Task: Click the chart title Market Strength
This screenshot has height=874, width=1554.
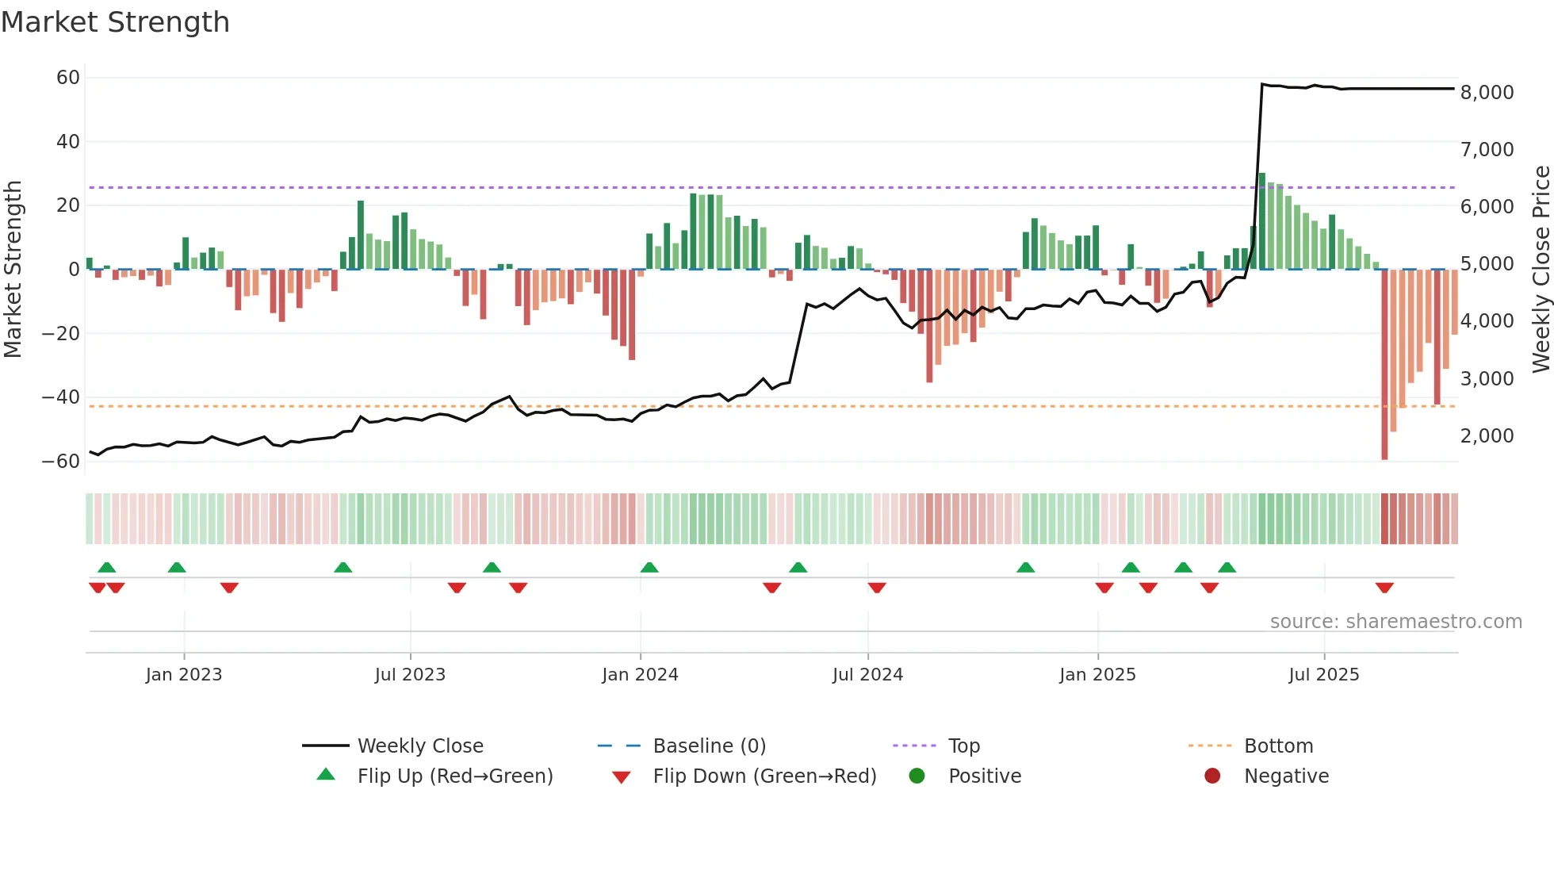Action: point(115,22)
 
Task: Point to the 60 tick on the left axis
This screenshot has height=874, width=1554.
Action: point(68,78)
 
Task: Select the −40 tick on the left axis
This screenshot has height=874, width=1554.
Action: point(61,397)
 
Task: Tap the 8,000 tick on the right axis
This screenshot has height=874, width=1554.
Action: point(1487,93)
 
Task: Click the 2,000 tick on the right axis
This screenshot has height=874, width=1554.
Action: point(1487,436)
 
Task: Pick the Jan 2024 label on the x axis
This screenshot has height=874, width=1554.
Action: point(640,675)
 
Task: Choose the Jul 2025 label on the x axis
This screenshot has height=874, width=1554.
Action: point(1323,675)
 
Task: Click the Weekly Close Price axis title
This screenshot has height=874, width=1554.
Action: point(1541,270)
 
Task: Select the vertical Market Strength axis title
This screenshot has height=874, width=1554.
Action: point(13,270)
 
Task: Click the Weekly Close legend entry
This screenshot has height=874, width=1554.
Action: point(419,746)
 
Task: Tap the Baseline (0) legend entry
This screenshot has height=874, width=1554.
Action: point(709,746)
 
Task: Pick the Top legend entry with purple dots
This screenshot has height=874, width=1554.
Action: point(963,746)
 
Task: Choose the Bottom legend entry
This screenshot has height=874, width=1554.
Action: point(1278,746)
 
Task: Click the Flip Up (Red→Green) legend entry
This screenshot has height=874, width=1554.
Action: point(454,776)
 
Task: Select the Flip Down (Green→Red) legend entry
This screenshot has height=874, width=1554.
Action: point(764,776)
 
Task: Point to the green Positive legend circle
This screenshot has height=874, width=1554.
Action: point(917,776)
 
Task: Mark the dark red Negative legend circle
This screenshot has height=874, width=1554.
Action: point(1212,776)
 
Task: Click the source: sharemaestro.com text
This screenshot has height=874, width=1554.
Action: point(1395,622)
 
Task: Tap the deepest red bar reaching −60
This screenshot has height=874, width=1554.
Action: point(1384,365)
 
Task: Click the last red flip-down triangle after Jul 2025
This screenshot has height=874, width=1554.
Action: point(1384,588)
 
